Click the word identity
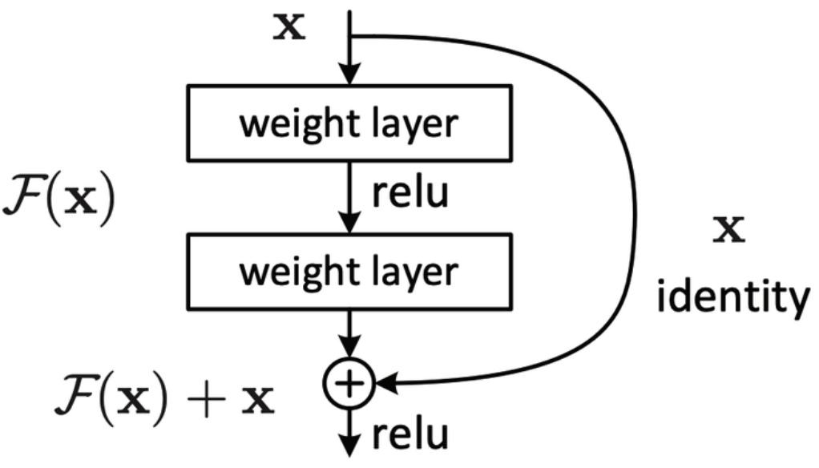tap(729, 299)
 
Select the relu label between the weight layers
tap(409, 194)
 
